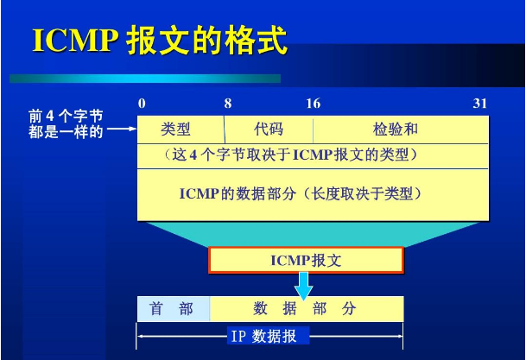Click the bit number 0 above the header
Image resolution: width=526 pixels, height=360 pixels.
[142, 104]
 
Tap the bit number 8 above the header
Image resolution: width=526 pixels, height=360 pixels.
[227, 104]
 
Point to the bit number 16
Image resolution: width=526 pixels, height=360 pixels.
[313, 104]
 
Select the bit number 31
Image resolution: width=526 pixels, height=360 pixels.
[480, 104]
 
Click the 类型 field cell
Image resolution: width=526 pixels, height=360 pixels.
[180, 129]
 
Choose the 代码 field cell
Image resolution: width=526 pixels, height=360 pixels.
[269, 129]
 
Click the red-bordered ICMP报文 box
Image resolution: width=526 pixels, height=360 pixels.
[305, 259]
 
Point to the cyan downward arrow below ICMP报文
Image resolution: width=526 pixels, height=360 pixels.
[304, 285]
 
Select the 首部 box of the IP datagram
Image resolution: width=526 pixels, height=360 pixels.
[172, 308]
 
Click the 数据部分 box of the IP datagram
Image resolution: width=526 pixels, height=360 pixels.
[305, 308]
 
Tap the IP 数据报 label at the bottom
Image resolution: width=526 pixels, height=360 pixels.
[262, 336]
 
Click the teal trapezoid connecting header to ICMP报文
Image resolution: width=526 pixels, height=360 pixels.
[305, 232]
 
